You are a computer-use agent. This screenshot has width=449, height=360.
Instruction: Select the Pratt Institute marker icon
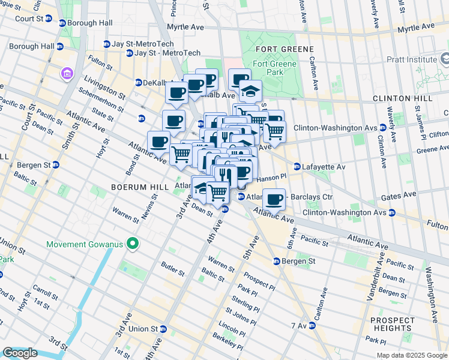tap(445, 59)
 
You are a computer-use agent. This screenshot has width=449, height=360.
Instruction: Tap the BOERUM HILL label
tap(140, 187)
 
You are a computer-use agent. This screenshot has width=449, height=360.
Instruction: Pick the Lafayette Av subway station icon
tap(297, 167)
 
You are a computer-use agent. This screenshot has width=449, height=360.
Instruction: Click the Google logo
tap(20, 353)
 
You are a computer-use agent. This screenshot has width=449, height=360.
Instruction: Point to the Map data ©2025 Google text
tap(412, 355)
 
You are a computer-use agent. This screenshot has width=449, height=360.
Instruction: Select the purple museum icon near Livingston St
tap(67, 74)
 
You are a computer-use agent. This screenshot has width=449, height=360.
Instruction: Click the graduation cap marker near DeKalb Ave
tap(250, 91)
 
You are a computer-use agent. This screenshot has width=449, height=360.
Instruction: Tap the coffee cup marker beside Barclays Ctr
tap(274, 199)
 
